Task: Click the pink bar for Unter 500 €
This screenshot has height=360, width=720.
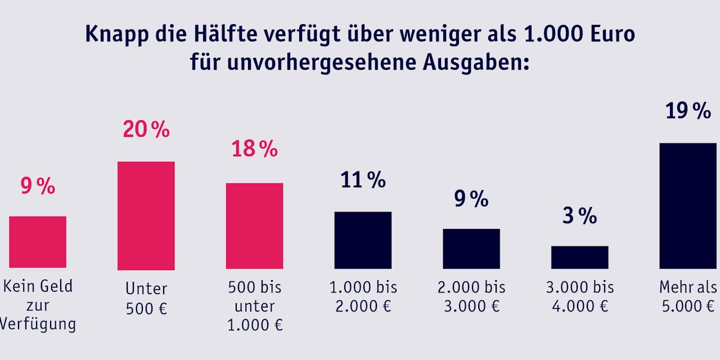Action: click(x=146, y=215)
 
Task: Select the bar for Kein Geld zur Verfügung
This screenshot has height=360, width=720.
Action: click(x=38, y=242)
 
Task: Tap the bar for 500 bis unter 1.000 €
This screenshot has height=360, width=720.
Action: click(x=254, y=226)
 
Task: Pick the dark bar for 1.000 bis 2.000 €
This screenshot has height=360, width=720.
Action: click(x=363, y=240)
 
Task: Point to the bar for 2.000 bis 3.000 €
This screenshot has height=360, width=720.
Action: click(x=471, y=249)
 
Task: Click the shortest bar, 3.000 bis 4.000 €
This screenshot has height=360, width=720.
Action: click(x=579, y=257)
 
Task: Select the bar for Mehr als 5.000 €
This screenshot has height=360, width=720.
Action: click(x=687, y=205)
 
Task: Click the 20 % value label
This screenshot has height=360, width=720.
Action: click(x=146, y=130)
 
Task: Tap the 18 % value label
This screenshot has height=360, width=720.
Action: click(x=254, y=150)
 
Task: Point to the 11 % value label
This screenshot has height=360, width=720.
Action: click(x=363, y=180)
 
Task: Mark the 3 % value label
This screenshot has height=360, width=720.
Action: click(x=579, y=216)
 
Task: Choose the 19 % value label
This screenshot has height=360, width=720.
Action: click(x=687, y=111)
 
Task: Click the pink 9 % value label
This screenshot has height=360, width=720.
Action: click(x=38, y=186)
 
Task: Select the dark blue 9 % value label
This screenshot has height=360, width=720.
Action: click(x=471, y=199)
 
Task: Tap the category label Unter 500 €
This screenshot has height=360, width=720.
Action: click(x=146, y=298)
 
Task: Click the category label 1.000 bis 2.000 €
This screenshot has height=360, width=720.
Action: click(x=363, y=296)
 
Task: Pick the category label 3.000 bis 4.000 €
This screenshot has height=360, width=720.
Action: click(x=579, y=296)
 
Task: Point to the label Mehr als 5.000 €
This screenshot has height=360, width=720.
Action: click(x=688, y=296)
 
